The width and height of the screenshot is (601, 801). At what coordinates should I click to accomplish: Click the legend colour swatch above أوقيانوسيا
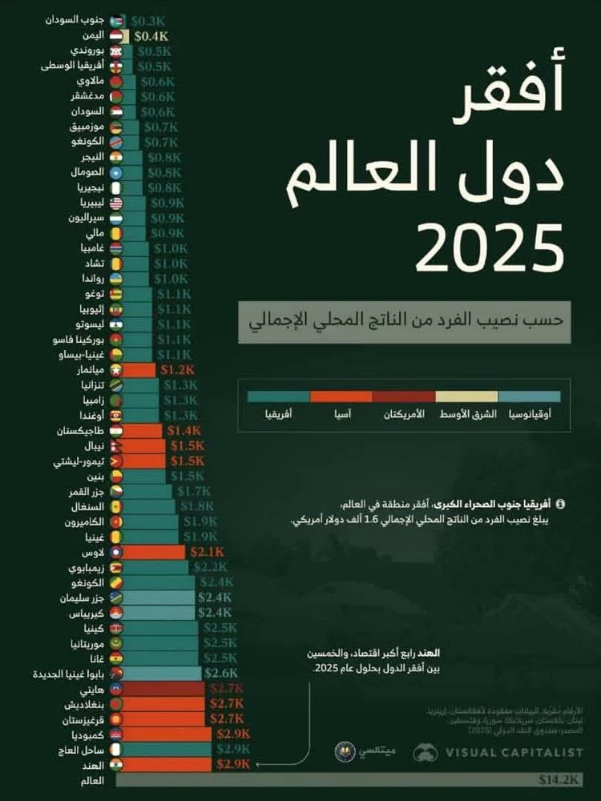(x=529, y=396)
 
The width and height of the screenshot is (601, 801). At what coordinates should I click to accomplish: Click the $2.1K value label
(x=207, y=552)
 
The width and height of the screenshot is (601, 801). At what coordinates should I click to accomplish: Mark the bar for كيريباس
(x=159, y=612)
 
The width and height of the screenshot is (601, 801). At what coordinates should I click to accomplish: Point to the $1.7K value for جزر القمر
(x=193, y=491)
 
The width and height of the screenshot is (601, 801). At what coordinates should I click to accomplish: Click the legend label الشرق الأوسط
(x=467, y=414)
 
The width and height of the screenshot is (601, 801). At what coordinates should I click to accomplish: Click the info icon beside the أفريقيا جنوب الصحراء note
(x=559, y=505)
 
